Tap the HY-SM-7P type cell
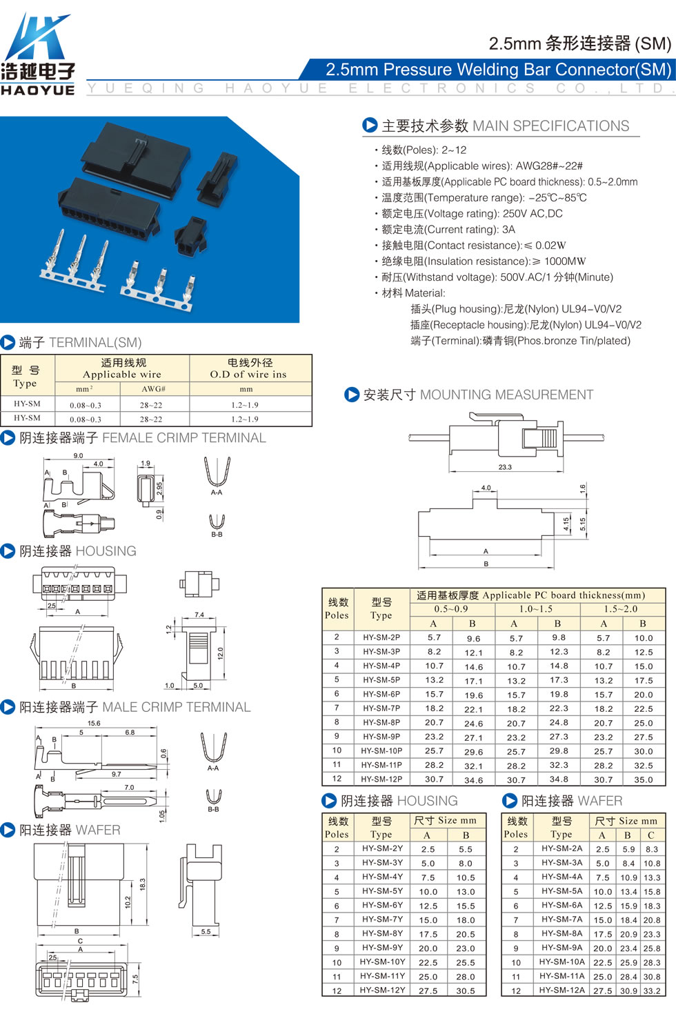tap(381, 708)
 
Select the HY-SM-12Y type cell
tap(382, 990)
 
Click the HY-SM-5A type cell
tap(561, 891)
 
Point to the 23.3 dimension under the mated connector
tap(505, 467)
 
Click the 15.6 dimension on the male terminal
tap(94, 723)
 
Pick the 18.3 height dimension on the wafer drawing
tap(142, 884)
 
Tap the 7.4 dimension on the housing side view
tap(199, 615)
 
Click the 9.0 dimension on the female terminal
tap(78, 455)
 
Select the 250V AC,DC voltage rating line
tap(472, 213)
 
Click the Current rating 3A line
tap(448, 229)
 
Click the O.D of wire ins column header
tap(248, 374)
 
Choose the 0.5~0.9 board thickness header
tap(451, 609)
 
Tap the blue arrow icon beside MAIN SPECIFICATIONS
tap(370, 125)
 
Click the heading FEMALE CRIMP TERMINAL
tap(183, 438)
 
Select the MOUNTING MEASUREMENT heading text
tap(507, 395)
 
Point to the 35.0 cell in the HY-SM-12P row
tap(644, 779)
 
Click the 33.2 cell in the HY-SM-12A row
tap(652, 991)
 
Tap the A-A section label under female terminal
tap(217, 493)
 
